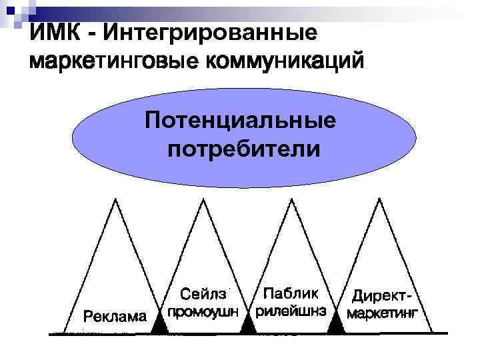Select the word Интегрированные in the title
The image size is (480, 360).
(210, 32)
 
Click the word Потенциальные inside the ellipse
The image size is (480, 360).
(241, 121)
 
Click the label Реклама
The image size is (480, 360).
(114, 316)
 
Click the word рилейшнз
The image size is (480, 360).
(291, 311)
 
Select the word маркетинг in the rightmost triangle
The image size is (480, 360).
(383, 312)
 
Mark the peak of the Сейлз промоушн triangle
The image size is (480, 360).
(203, 199)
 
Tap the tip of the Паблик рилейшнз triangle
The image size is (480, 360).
(293, 199)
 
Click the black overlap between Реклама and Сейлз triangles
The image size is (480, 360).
(159, 325)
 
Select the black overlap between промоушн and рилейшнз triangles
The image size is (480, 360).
(248, 325)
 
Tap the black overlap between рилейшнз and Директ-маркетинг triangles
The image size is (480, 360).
(337, 325)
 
